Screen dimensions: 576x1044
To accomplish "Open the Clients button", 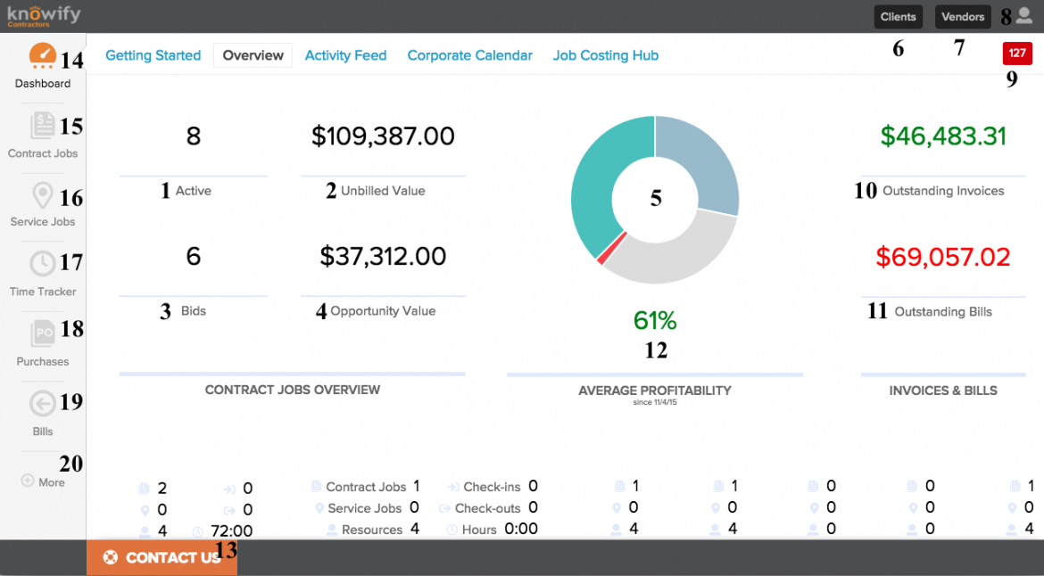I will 898,17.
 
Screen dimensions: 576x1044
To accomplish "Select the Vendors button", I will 963,17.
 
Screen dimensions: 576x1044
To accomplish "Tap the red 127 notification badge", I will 1016,53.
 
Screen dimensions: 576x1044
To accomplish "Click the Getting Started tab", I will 153,55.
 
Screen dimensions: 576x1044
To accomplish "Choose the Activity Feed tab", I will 345,55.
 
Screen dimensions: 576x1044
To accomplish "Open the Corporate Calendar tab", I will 469,55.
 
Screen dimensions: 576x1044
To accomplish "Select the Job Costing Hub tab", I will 605,55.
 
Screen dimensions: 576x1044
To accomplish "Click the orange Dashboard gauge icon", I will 42,56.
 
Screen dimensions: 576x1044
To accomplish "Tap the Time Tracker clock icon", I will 42,264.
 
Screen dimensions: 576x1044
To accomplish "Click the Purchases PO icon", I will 42,333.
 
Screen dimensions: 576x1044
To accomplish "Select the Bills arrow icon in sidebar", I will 42,404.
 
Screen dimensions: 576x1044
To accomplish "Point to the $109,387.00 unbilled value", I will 383,136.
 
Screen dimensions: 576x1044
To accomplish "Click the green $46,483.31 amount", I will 943,136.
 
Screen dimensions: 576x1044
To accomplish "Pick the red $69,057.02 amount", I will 943,258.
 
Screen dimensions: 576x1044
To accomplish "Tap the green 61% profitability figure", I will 655,320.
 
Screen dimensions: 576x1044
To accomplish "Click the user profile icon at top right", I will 1023,15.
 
